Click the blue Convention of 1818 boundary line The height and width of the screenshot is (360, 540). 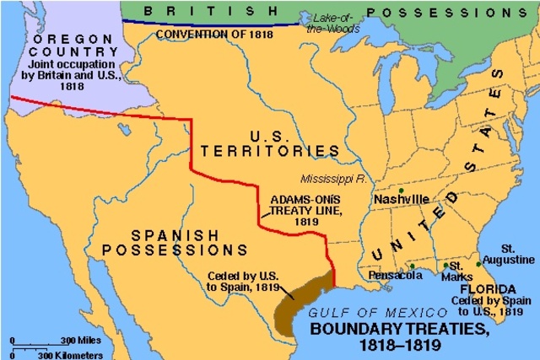[x=211, y=24]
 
